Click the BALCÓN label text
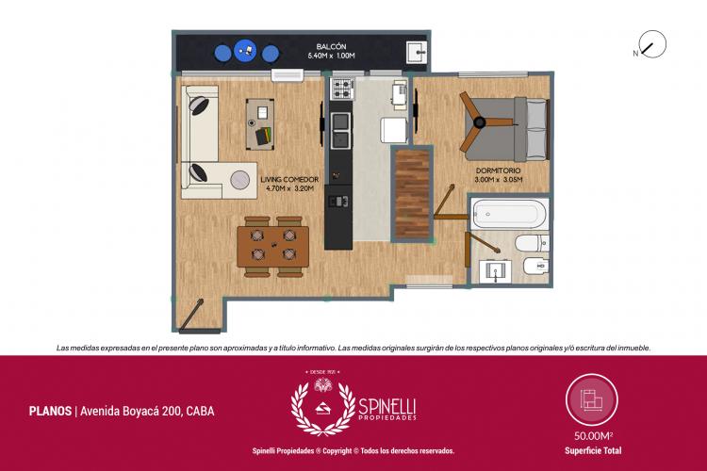pyautogui.click(x=331, y=46)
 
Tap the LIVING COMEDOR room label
pyautogui.click(x=289, y=179)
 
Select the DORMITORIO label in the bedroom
pyautogui.click(x=499, y=171)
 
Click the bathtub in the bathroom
pyautogui.click(x=509, y=214)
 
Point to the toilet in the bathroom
pyautogui.click(x=533, y=243)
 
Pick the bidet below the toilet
pyautogui.click(x=536, y=266)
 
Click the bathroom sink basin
pyautogui.click(x=495, y=271)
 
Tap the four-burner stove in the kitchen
pyautogui.click(x=342, y=89)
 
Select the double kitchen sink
pyautogui.click(x=340, y=131)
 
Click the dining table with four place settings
pyautogui.click(x=272, y=247)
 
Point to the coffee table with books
pyautogui.click(x=260, y=124)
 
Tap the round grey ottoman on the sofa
pyautogui.click(x=239, y=180)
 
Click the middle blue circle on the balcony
pyautogui.click(x=245, y=51)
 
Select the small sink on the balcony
pyautogui.click(x=417, y=53)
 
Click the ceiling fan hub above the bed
pyautogui.click(x=479, y=122)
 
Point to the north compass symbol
pyautogui.click(x=652, y=44)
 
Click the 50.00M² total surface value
pyautogui.click(x=593, y=436)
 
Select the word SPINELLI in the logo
pyautogui.click(x=386, y=408)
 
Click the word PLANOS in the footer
pyautogui.click(x=50, y=411)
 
